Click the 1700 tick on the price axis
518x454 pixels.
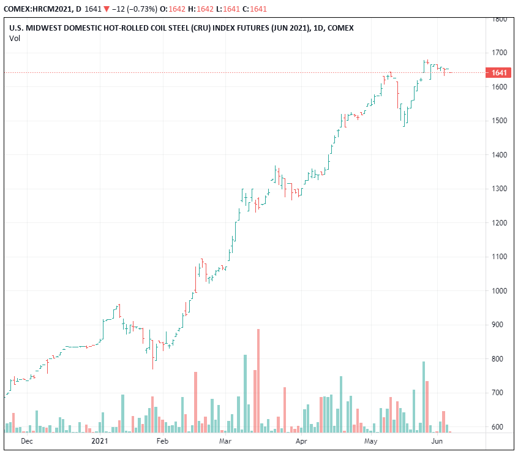pos(500,53)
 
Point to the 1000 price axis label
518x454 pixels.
pos(500,290)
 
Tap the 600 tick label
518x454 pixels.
pos(500,426)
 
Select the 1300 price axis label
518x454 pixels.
pos(500,189)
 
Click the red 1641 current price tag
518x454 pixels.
pos(499,73)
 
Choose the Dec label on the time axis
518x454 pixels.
pos(27,441)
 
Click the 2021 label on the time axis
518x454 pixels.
pos(100,441)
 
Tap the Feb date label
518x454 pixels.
pos(162,441)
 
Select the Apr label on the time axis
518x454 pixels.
pos(301,441)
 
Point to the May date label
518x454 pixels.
pos(370,441)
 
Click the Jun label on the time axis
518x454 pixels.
pos(437,441)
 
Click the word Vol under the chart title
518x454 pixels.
pos(14,39)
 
